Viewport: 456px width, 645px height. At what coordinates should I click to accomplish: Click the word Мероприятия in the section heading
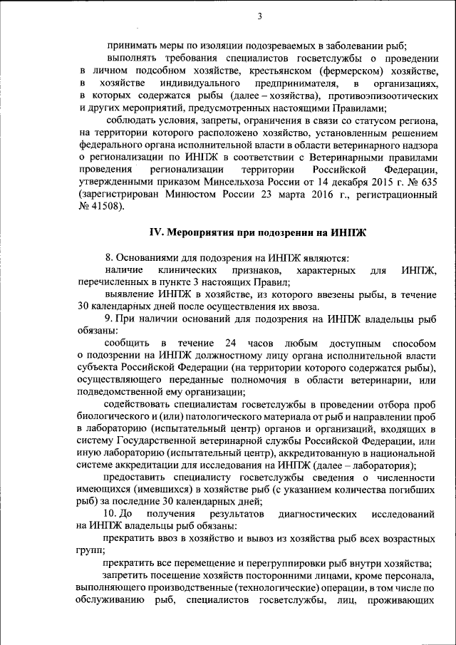click(x=199, y=233)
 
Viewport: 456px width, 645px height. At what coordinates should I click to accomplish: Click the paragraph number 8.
click(x=108, y=258)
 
